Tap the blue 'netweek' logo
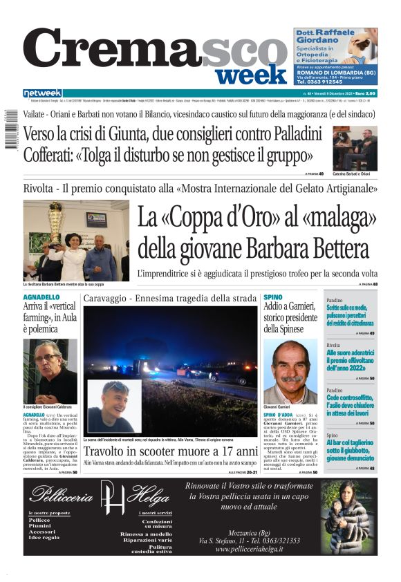42,93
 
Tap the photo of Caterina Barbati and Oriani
355,148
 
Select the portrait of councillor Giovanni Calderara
50,370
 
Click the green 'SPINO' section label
273,297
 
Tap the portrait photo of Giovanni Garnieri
290,370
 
